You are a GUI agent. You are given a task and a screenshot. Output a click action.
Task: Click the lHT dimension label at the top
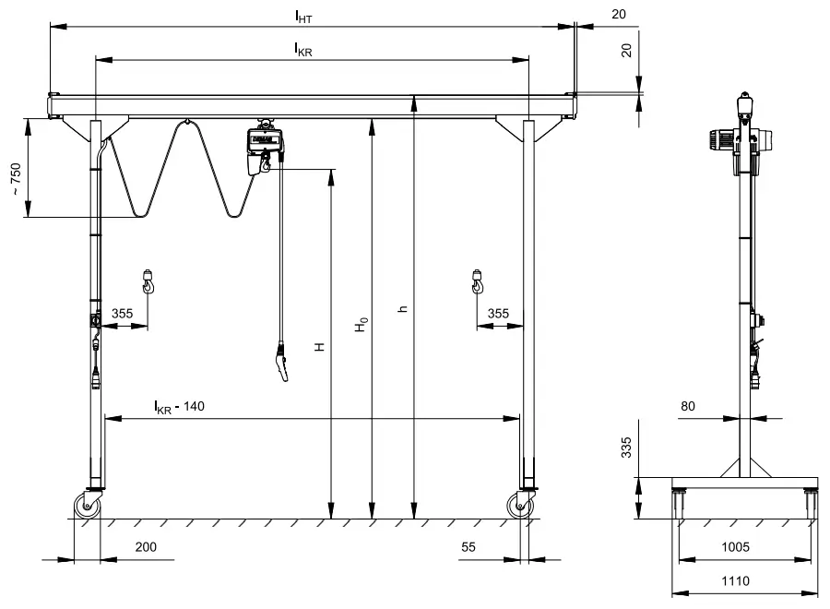[x=302, y=17]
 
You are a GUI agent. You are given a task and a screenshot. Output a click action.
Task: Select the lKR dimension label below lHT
[x=302, y=50]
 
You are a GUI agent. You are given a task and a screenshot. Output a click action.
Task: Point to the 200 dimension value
[x=146, y=547]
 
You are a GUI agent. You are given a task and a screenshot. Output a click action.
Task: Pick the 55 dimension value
[x=468, y=547]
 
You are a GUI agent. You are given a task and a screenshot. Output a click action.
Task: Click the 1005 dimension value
[x=735, y=547]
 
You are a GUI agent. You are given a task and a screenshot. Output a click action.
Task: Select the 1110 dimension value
[x=735, y=582]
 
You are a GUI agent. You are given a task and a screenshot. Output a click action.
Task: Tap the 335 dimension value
[x=626, y=449]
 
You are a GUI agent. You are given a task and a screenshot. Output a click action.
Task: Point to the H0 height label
[x=363, y=325]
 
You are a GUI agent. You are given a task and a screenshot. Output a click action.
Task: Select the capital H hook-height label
[x=319, y=347]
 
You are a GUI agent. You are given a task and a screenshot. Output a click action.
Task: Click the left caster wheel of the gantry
[x=88, y=505]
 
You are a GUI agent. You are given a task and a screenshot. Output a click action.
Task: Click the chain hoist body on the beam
[x=260, y=147]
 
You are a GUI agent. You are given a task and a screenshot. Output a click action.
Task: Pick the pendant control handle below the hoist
[x=280, y=362]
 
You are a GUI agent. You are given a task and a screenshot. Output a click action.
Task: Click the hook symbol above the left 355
[x=148, y=281]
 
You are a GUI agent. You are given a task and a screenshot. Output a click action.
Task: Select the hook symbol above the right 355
[x=478, y=281]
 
